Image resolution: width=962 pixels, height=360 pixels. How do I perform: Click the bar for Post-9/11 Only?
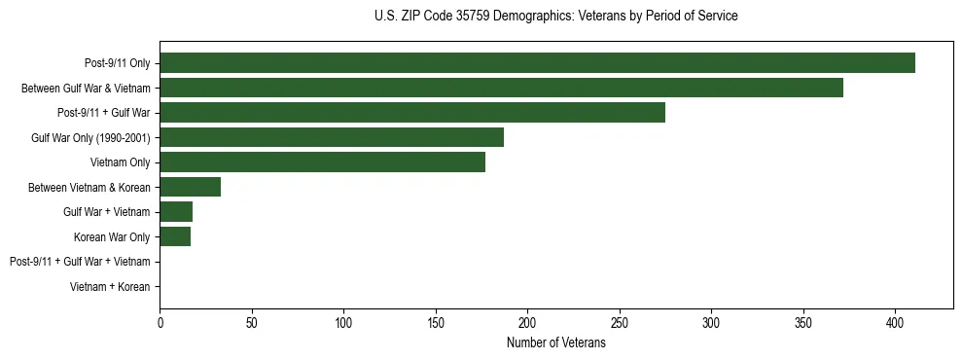click(537, 62)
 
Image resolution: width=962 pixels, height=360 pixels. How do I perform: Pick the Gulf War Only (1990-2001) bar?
click(332, 137)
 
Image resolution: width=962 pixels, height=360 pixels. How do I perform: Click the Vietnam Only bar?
click(322, 162)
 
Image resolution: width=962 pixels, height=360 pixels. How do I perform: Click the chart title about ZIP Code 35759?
click(555, 17)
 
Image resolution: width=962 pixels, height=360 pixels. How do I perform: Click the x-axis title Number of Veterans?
click(555, 343)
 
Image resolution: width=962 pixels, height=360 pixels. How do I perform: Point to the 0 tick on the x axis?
click(160, 323)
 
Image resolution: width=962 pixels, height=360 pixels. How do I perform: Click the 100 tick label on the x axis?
click(343, 323)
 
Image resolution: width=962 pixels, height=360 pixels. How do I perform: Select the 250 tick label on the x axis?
click(620, 323)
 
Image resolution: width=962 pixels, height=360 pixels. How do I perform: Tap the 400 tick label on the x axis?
click(896, 323)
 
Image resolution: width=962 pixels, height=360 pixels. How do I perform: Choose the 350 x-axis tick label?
click(803, 323)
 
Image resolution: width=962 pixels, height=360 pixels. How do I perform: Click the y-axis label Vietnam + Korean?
click(110, 287)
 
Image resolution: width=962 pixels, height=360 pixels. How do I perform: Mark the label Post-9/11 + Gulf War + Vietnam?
click(80, 262)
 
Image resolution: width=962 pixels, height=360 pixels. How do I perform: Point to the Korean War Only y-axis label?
click(112, 236)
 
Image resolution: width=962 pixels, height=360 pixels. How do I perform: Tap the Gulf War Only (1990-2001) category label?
click(90, 137)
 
